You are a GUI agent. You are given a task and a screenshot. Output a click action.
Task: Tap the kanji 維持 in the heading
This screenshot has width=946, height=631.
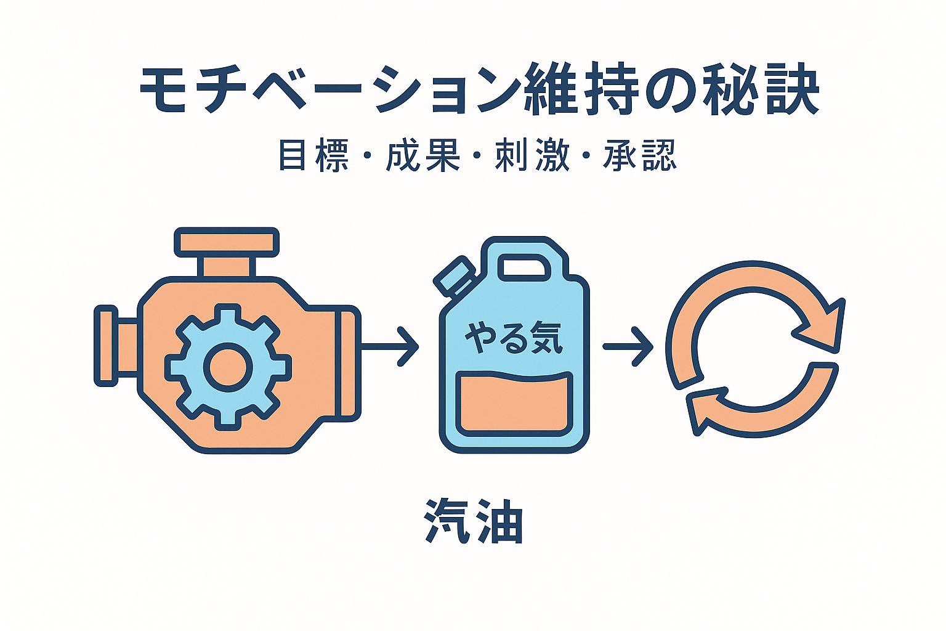point(580,91)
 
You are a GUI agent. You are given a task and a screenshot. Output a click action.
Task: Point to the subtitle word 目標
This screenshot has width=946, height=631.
point(313,155)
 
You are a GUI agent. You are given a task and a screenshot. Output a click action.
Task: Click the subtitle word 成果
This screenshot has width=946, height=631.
point(424,155)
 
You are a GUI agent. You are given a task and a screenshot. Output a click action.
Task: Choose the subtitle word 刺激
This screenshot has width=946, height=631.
point(533,155)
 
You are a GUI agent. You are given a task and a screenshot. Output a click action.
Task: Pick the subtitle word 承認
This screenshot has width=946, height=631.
point(641,155)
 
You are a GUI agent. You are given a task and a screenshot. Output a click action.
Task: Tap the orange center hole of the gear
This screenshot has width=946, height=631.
point(228,367)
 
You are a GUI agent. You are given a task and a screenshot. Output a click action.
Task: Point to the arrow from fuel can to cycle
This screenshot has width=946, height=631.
point(628,347)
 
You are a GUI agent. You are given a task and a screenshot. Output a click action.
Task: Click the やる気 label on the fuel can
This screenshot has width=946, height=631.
point(514,339)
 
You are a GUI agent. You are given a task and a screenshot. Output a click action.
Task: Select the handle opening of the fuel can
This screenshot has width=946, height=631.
point(524,267)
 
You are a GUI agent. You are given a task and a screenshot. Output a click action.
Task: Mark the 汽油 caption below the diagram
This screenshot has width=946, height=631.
point(474,521)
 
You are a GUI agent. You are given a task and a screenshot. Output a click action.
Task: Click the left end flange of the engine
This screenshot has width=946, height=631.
point(106,346)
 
